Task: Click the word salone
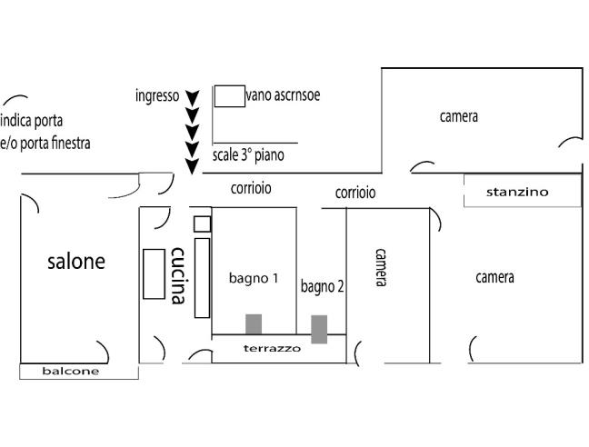click(76, 262)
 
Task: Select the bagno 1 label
click(254, 278)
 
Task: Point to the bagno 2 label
click(323, 286)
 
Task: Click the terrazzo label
click(272, 348)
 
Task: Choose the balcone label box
click(71, 372)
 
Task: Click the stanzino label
click(517, 192)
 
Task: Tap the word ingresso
click(156, 95)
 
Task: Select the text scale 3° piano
click(248, 155)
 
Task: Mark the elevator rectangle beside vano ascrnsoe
click(230, 96)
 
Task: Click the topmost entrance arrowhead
click(192, 97)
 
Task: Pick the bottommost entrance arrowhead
click(192, 165)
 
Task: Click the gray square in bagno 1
click(254, 324)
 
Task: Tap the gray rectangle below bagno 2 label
click(319, 329)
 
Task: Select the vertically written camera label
click(382, 267)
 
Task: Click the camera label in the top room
click(458, 116)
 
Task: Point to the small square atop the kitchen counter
click(202, 223)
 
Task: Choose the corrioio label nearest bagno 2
click(355, 193)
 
